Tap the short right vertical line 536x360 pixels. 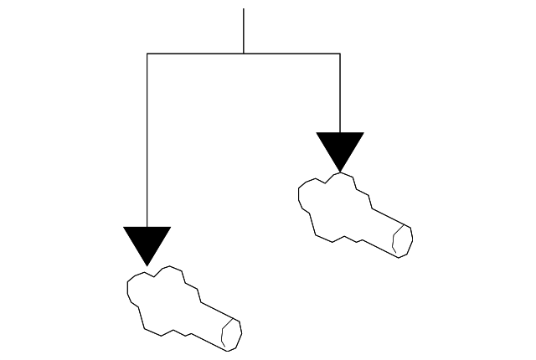pyautogui.click(x=340, y=92)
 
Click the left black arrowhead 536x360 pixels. pyautogui.click(x=147, y=240)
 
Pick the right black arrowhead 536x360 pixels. pyautogui.click(x=340, y=147)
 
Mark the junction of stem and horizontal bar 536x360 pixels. pyautogui.click(x=244, y=54)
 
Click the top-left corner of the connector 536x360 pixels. pyautogui.click(x=147, y=54)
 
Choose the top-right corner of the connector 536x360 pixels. pyautogui.click(x=340, y=54)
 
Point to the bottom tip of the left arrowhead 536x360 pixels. pyautogui.click(x=147, y=265)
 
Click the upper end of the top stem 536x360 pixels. pyautogui.click(x=244, y=9)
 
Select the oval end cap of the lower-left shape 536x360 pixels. pyautogui.click(x=232, y=335)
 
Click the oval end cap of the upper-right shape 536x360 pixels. pyautogui.click(x=403, y=241)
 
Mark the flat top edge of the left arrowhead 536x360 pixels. pyautogui.click(x=147, y=228)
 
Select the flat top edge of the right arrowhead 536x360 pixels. pyautogui.click(x=340, y=133)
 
